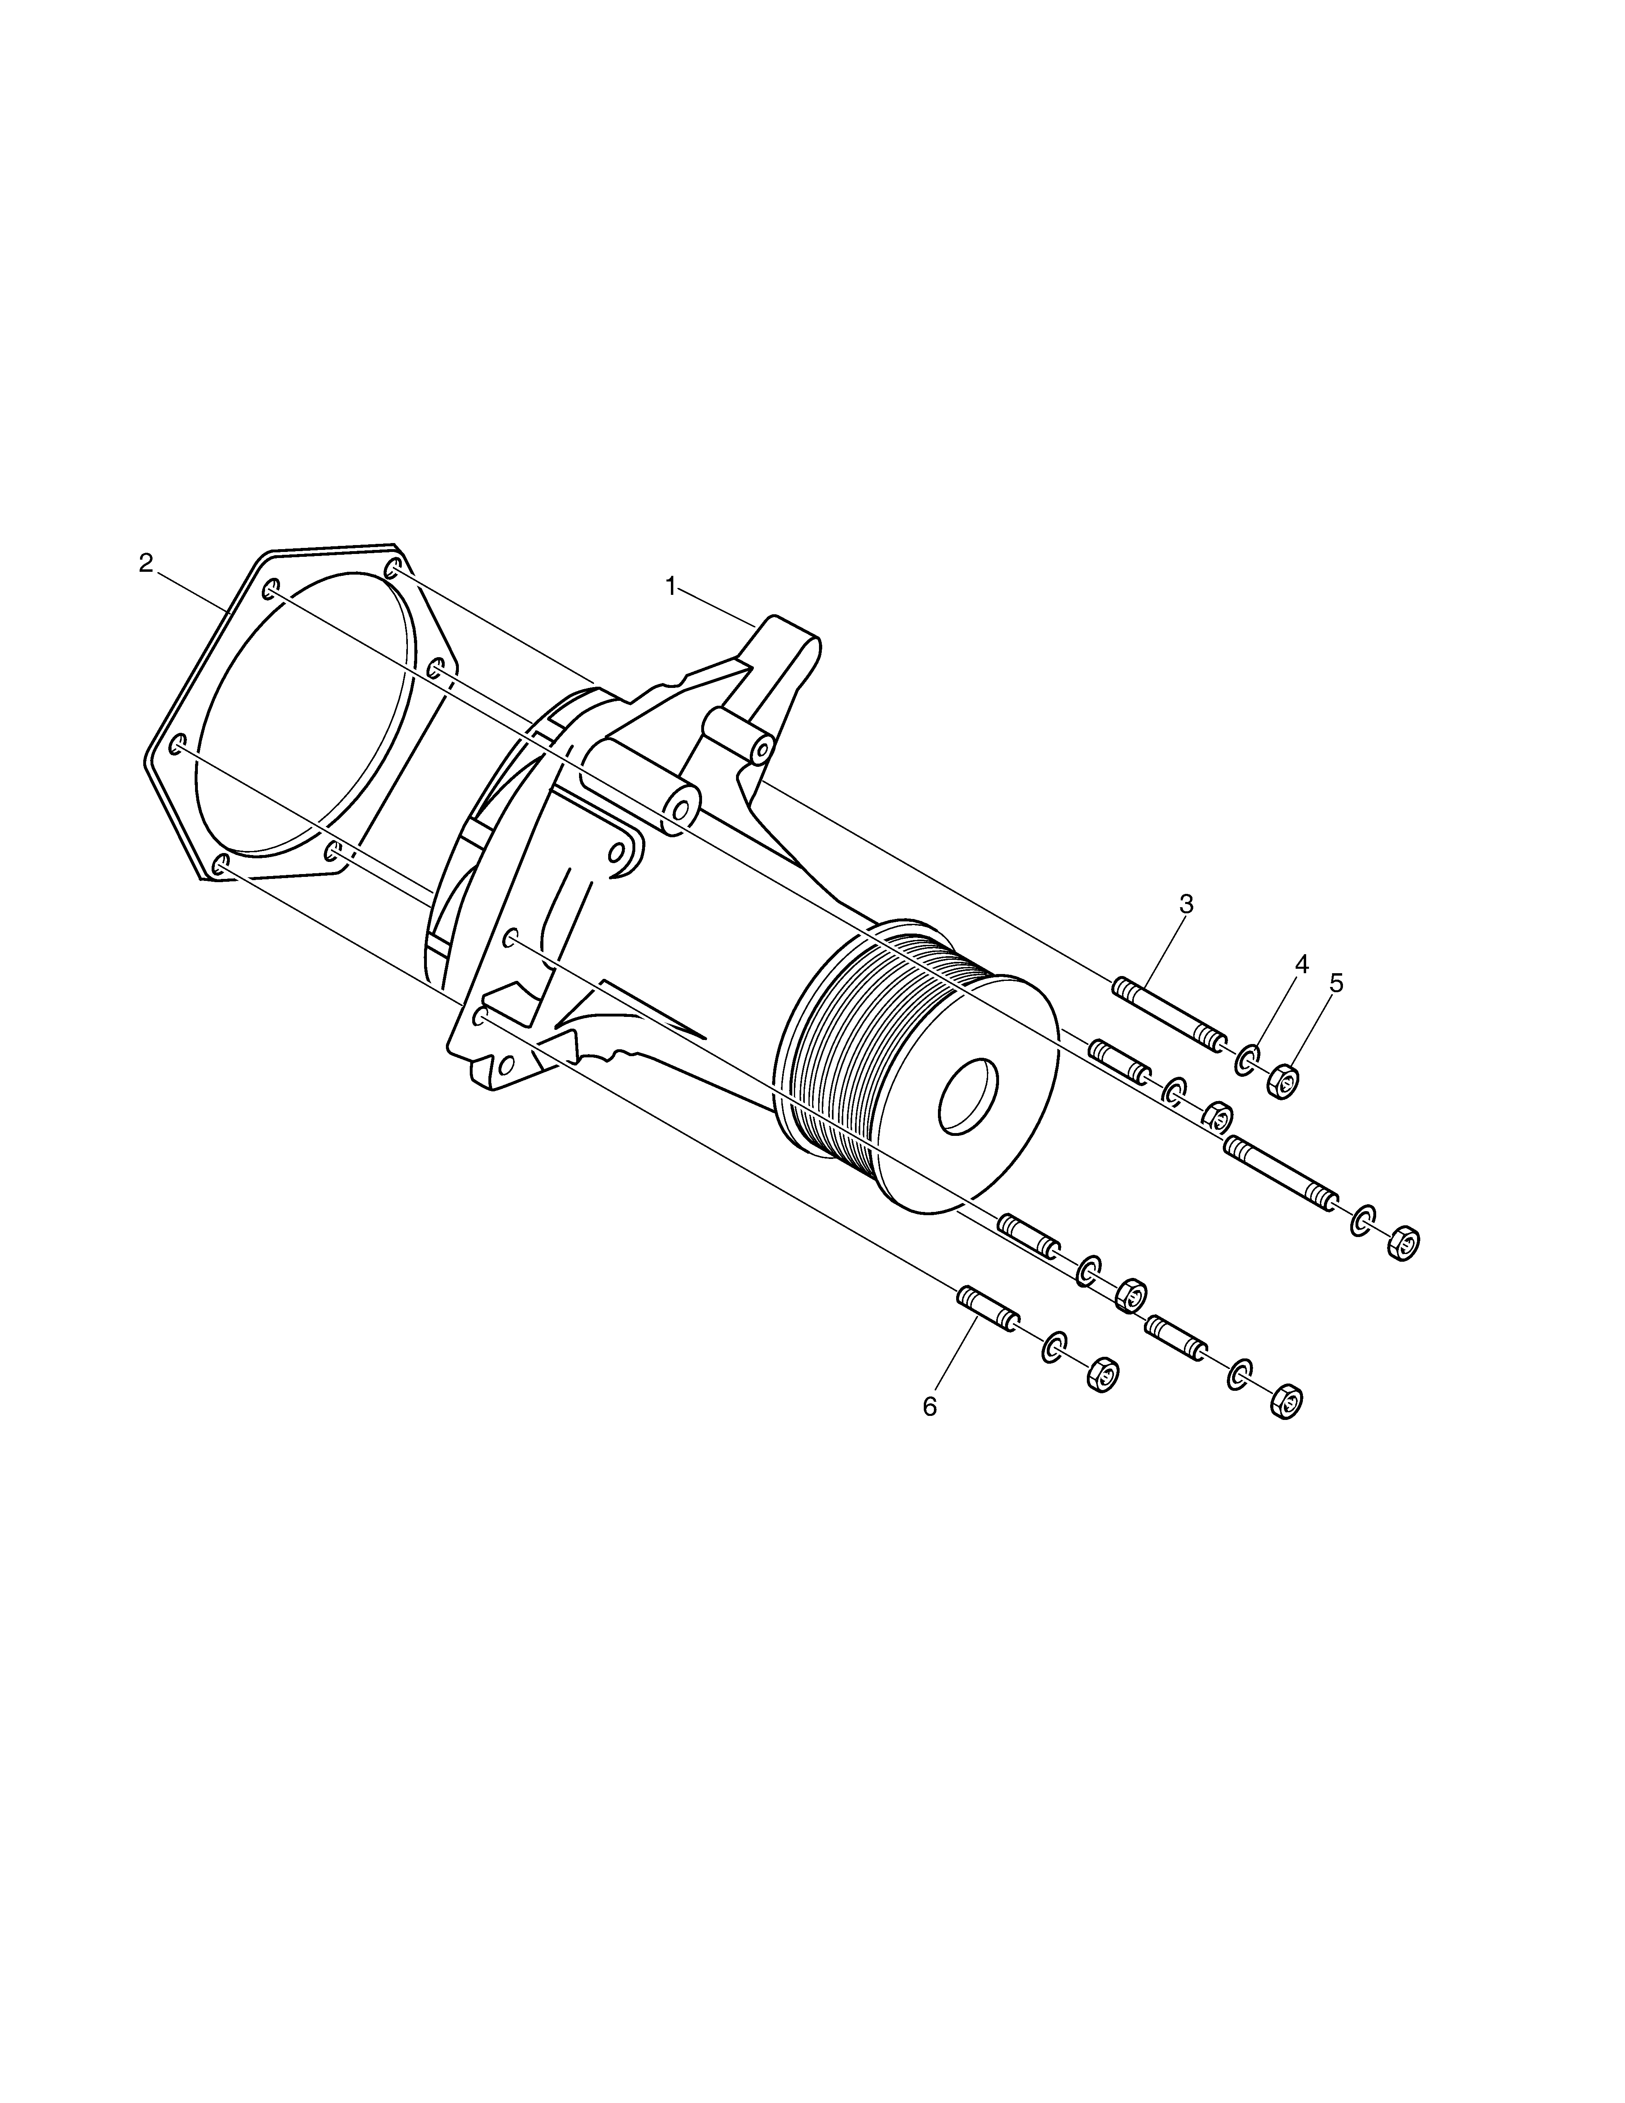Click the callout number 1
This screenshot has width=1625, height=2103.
click(x=671, y=586)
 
